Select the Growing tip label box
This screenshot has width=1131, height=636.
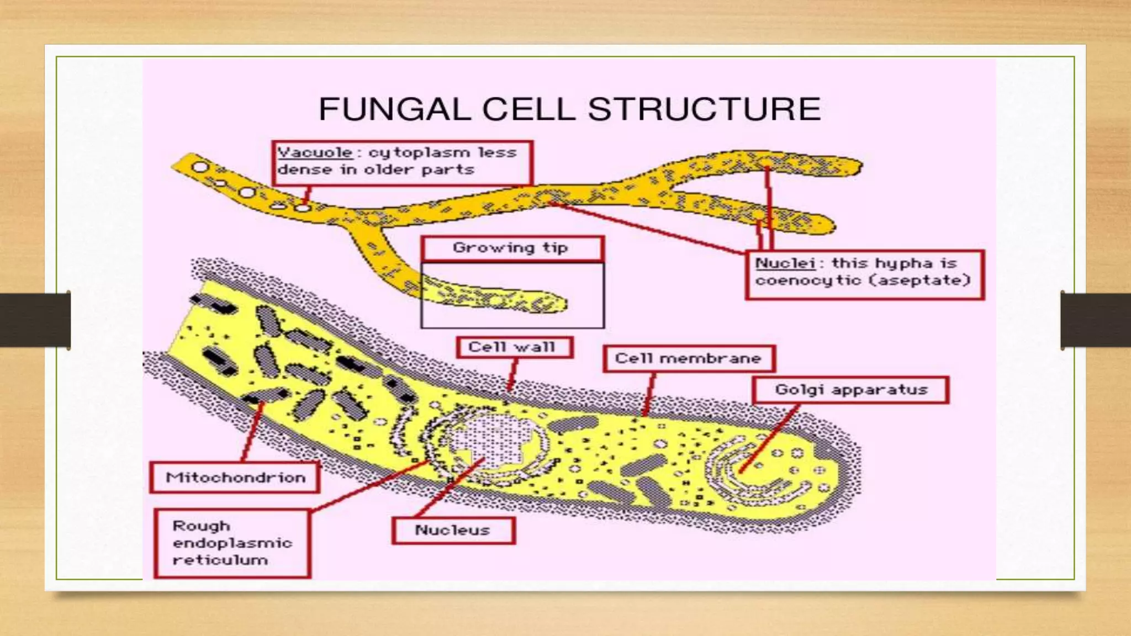click(511, 248)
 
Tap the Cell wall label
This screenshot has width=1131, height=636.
click(514, 347)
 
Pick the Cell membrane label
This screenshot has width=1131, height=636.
click(688, 359)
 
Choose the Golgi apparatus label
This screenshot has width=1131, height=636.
click(850, 390)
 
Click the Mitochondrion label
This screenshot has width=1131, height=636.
click(235, 478)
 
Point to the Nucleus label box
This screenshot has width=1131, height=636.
click(453, 531)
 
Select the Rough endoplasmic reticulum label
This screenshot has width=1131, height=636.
click(232, 543)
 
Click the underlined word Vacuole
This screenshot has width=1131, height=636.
click(315, 152)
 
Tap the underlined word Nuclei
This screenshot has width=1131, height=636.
click(785, 263)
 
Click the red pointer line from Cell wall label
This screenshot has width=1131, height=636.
click(512, 375)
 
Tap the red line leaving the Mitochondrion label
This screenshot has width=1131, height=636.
click(251, 433)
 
